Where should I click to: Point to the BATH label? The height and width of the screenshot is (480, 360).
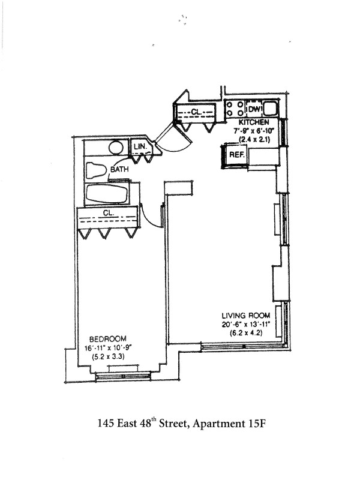click(118, 170)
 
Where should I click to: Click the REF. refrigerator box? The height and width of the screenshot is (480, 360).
click(236, 155)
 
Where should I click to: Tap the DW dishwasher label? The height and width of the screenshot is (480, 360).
click(254, 110)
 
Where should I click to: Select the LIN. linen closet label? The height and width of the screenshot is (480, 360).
click(140, 146)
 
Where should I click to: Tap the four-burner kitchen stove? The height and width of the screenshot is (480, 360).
click(235, 109)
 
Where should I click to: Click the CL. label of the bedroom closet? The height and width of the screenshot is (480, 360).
click(109, 212)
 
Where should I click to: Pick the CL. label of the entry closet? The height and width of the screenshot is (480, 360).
click(196, 112)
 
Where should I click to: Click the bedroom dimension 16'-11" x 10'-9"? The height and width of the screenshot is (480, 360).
click(109, 347)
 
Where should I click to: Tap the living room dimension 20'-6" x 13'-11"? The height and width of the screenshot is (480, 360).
click(246, 325)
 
